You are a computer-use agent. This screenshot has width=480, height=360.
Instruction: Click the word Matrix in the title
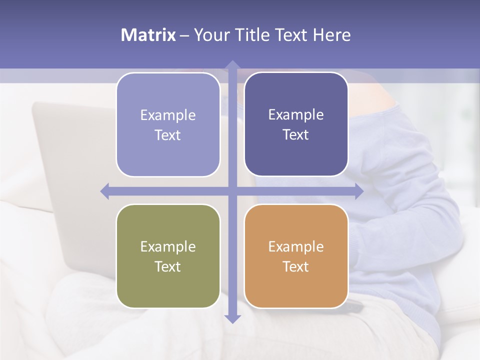coord(148,35)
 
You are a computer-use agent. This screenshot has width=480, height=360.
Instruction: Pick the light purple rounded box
coord(168,125)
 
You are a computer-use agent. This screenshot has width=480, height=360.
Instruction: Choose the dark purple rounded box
coord(296,124)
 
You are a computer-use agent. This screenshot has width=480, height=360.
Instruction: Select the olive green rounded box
coord(168,256)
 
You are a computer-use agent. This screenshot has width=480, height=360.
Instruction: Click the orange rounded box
coord(296,256)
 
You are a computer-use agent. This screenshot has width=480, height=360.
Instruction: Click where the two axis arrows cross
coord(232,191)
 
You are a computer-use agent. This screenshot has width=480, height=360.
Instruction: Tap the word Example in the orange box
coord(296,246)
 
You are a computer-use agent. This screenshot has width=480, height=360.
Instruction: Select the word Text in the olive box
coord(168,266)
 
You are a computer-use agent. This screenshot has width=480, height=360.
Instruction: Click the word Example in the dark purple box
coord(296,114)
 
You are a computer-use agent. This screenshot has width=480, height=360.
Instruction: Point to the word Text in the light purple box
coord(168,135)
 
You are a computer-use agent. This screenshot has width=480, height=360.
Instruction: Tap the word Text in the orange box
coord(296,266)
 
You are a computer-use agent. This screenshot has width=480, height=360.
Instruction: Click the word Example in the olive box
coord(168,246)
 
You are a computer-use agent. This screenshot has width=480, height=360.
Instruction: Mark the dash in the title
coord(184,35)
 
